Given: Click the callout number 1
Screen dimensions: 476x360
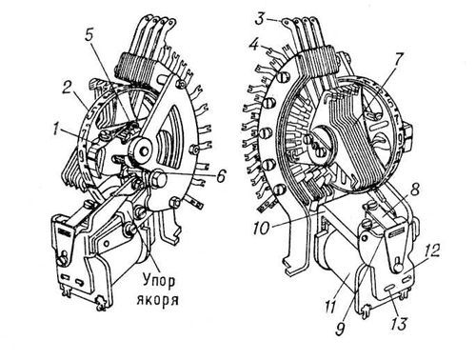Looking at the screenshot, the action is [57, 130].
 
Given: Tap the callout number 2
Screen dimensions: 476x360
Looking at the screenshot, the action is [67, 88].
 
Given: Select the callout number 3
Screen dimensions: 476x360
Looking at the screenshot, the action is [261, 19].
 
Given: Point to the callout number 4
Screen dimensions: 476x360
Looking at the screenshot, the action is [254, 45].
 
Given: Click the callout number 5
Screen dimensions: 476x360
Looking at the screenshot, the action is [89, 35].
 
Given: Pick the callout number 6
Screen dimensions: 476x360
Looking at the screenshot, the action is [221, 175].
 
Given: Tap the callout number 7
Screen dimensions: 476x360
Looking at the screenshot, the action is [398, 59].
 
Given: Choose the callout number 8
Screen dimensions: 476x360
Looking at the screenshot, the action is [415, 190].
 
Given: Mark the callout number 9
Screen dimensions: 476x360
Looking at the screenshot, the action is [340, 328].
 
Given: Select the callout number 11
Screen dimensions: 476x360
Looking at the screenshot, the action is [330, 307].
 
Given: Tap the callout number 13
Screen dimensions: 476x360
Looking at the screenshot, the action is [398, 324].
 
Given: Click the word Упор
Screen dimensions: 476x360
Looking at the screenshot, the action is [158, 281].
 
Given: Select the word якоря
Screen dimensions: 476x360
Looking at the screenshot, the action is [158, 299].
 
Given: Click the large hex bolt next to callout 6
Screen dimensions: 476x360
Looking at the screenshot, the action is [159, 178].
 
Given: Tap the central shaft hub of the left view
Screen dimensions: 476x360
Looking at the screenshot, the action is [142, 151].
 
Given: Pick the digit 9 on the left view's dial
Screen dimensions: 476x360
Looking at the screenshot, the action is [80, 155].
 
